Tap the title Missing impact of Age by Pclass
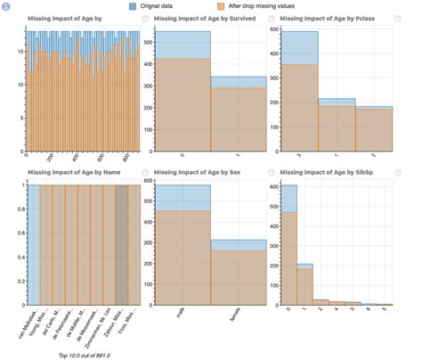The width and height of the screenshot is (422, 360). [x=328, y=20]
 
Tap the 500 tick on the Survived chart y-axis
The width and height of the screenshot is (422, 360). [x=147, y=41]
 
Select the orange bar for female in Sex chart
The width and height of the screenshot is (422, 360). [x=238, y=276]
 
